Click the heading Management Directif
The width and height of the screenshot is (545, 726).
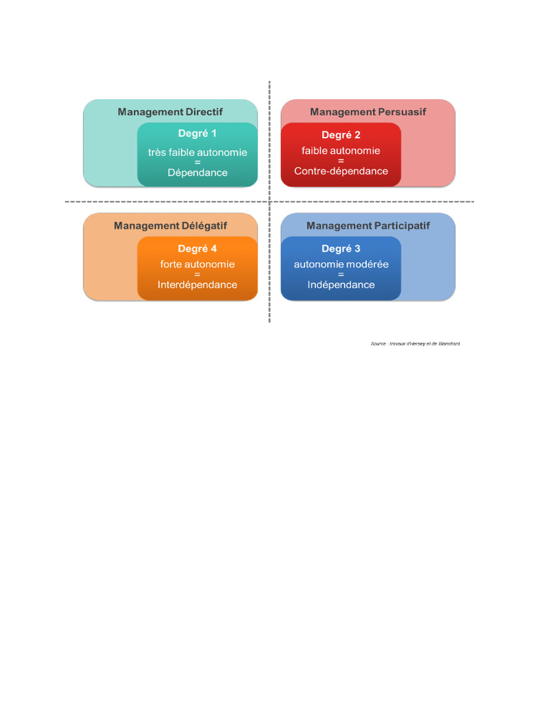coord(170,112)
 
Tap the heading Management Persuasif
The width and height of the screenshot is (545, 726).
coord(368,112)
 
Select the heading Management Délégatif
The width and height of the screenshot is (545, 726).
coord(170,225)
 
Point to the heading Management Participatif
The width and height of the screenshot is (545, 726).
coord(368,225)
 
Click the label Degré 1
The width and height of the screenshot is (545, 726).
coord(197,133)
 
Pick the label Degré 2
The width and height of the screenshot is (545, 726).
coord(341,135)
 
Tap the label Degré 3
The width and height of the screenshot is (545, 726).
coord(341,249)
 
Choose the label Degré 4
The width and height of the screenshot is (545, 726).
coord(197,249)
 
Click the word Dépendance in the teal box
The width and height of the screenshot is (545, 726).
coord(197,172)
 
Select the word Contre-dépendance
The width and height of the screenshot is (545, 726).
coord(341,171)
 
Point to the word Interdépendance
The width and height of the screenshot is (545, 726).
coord(197,285)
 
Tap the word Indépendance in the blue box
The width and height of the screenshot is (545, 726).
coord(341,285)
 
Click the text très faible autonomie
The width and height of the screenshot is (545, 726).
coord(197,152)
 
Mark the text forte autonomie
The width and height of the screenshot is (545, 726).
coord(197,264)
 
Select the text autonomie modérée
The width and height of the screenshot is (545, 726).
coord(341,264)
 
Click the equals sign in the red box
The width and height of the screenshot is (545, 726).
coord(341,161)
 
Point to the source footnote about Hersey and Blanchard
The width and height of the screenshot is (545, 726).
coord(415,344)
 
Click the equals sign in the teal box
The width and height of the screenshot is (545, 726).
coord(197,162)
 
